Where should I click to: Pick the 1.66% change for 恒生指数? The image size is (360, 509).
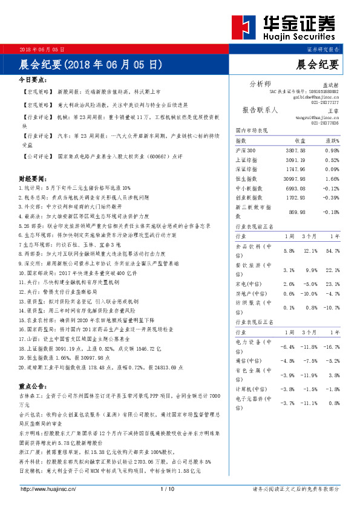pos(332,179)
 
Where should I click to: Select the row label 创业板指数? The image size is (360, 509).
pos(249,198)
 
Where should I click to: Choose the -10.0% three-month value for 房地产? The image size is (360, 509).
pos(309,293)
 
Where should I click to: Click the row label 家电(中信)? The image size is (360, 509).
pos(248,284)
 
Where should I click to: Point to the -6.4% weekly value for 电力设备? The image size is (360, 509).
pos(287,347)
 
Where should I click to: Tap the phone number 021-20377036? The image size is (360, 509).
pos(326,123)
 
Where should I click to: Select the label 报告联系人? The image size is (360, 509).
pos(260,111)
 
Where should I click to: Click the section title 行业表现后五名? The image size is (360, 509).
pos(256,322)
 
